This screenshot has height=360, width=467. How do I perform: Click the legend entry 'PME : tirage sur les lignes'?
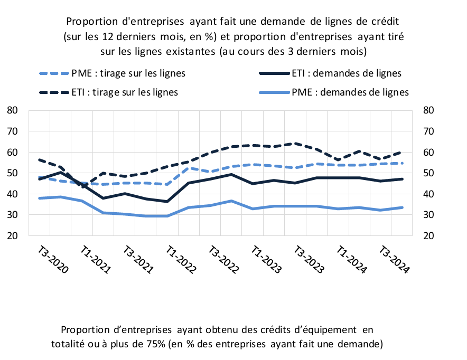113,73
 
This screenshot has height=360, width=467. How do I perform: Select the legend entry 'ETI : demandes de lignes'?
330,73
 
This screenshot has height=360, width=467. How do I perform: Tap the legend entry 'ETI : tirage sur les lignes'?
109,92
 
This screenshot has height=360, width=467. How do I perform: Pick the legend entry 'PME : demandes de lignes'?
334,92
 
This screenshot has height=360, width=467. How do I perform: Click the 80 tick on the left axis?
12,110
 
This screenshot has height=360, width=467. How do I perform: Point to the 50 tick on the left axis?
12,173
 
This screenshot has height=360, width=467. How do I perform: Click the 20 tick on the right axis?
428,235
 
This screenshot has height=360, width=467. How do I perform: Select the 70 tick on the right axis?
428,131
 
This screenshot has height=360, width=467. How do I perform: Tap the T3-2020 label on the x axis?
53,260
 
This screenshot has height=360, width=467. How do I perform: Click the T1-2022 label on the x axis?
181,260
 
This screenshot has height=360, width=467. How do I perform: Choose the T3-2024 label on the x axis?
394,260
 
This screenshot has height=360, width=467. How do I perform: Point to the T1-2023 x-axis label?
266,260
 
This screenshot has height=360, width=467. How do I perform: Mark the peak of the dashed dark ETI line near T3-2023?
295,144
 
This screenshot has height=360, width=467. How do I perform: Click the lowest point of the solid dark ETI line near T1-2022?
167,202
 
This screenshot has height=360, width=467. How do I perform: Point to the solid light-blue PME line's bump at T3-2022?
231,201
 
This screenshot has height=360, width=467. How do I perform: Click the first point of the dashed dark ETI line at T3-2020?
39,160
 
